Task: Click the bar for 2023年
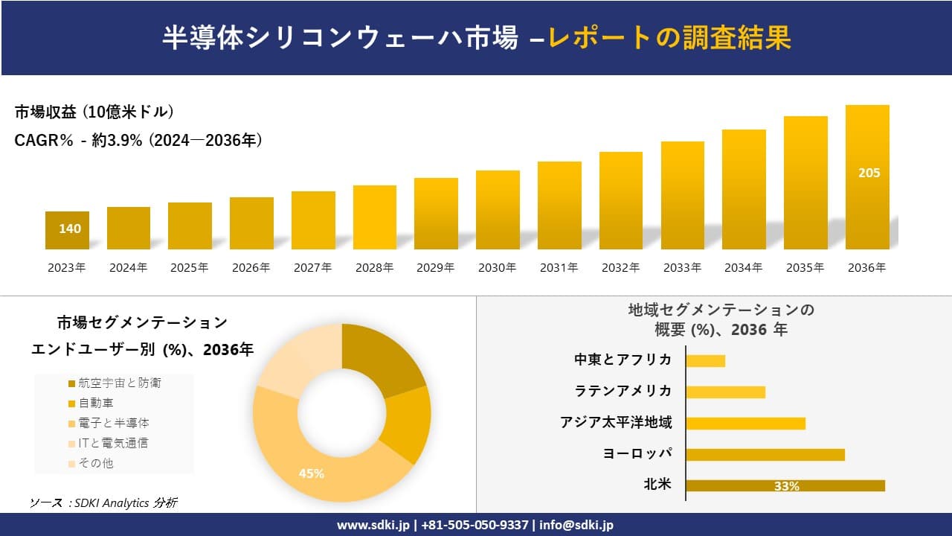[x=67, y=230]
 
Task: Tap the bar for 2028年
[x=374, y=217]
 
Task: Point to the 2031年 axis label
[x=559, y=268]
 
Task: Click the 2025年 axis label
[x=190, y=268]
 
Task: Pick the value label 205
[x=869, y=173]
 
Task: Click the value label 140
[x=70, y=229]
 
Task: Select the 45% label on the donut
[x=311, y=473]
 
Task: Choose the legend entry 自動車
[x=96, y=403]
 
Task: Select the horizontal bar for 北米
[x=785, y=485]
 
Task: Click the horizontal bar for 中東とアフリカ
[x=705, y=361]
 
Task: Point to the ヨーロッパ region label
[x=637, y=454]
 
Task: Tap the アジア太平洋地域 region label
[x=616, y=423]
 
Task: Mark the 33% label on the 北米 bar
[x=786, y=486]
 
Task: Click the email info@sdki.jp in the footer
[x=576, y=525]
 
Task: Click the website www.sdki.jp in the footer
[x=374, y=525]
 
